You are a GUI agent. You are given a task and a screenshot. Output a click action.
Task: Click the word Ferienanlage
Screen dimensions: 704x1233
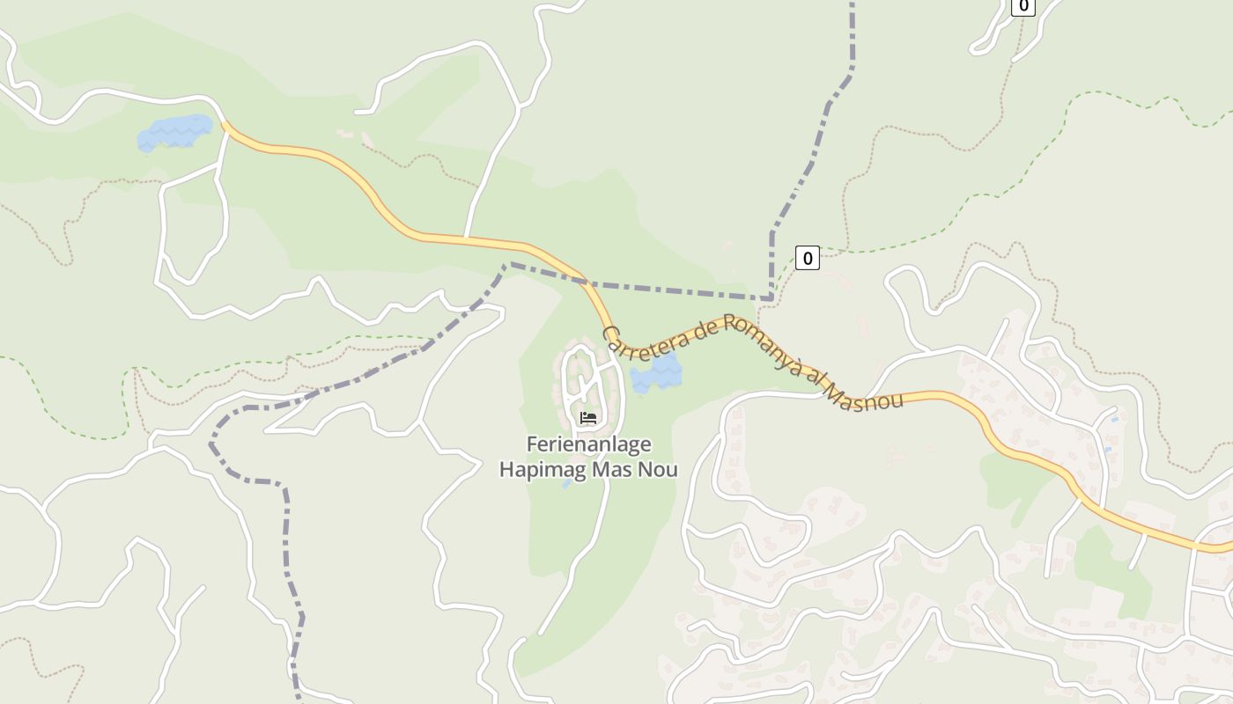tap(576, 444)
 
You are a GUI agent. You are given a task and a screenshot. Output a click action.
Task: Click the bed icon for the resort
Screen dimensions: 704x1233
tap(588, 417)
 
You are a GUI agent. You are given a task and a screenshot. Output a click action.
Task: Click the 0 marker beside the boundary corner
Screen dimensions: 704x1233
tap(807, 258)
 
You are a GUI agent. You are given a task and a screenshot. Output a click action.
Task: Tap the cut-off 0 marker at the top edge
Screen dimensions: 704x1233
tap(1023, 6)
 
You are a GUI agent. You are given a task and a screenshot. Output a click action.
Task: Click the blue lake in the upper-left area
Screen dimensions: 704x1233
tap(175, 133)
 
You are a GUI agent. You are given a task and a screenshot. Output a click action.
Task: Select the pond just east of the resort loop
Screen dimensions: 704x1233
tap(656, 374)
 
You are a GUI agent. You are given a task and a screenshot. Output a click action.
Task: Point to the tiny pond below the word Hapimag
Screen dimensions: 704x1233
tap(567, 483)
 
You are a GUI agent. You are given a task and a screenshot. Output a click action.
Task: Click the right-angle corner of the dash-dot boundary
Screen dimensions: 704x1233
tap(772, 299)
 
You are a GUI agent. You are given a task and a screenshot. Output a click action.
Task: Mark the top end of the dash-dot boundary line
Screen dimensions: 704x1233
tap(852, 4)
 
